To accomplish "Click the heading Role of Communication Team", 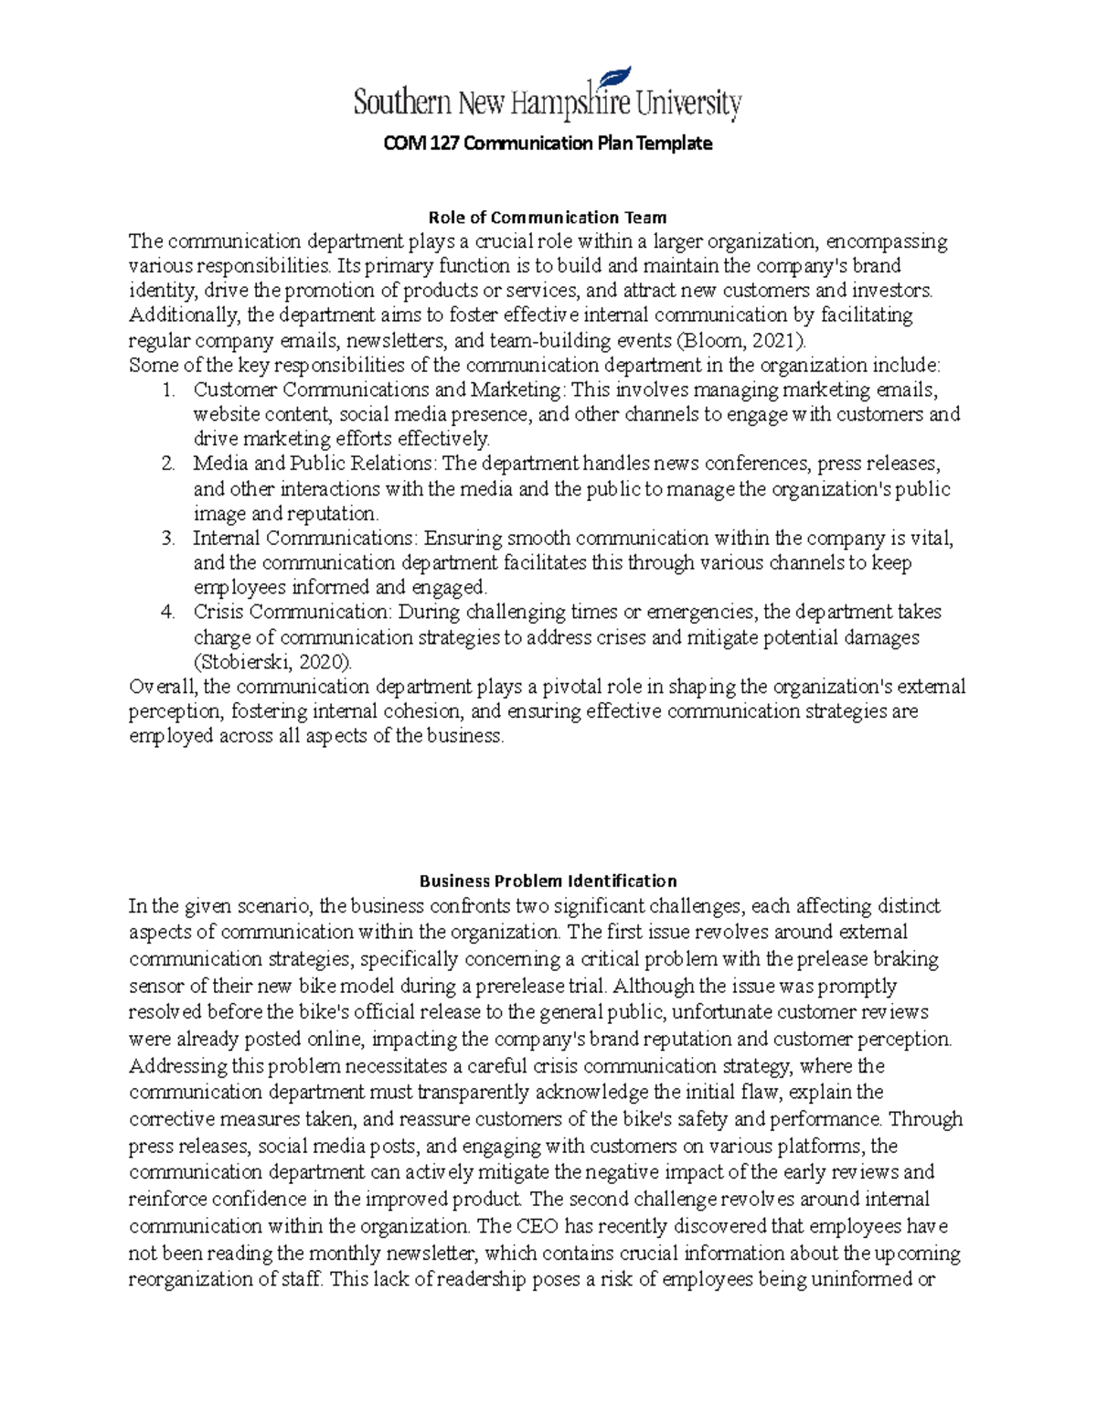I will tap(548, 218).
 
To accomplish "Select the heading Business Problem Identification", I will tap(548, 881).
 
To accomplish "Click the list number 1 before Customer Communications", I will tap(167, 390).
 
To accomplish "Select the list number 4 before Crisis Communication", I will tap(167, 612).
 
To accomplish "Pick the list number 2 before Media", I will tap(167, 464).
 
